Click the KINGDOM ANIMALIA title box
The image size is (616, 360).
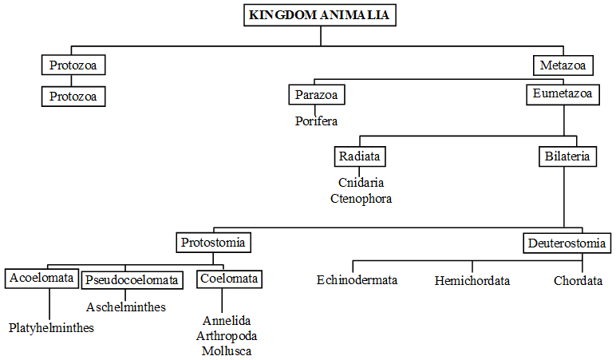click(x=320, y=15)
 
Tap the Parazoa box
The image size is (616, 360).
click(x=316, y=95)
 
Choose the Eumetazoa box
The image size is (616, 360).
click(x=563, y=94)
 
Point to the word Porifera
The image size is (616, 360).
click(x=316, y=121)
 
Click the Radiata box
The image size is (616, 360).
click(x=359, y=156)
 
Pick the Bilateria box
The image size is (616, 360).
click(x=567, y=156)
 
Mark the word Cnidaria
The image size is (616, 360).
click(x=361, y=183)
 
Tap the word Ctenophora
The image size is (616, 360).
click(x=361, y=198)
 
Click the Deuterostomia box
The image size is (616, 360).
click(x=567, y=243)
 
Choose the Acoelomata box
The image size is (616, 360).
click(x=41, y=279)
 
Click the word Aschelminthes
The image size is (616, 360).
click(x=125, y=307)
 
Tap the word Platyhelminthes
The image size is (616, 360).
click(x=51, y=327)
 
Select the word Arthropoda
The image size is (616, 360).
click(x=227, y=335)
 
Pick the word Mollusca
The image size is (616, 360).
click(x=227, y=350)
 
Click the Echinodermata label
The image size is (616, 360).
click(x=357, y=280)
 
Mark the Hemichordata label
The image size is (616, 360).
click(x=472, y=281)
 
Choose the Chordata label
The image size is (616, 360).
click(x=578, y=281)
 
